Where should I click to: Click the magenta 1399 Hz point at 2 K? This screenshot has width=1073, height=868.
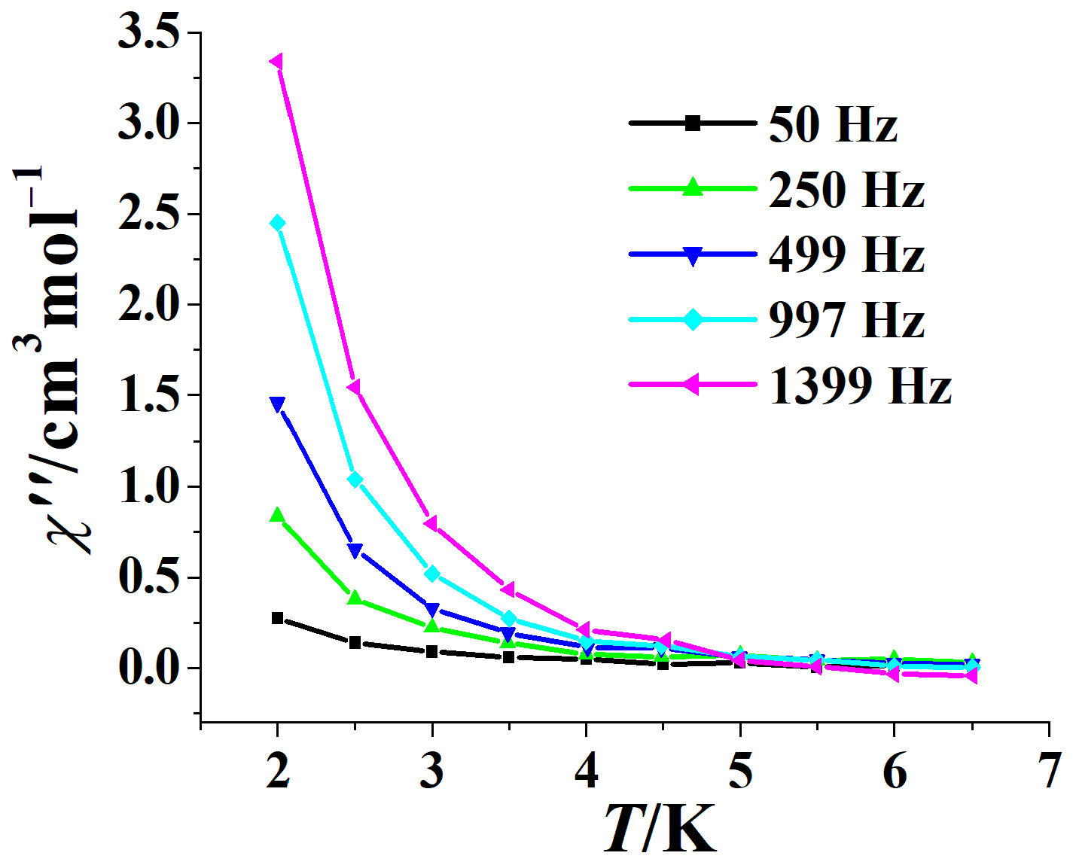(277, 62)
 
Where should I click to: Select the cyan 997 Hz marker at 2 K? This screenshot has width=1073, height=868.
(277, 223)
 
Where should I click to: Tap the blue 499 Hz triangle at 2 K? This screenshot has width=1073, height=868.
(277, 405)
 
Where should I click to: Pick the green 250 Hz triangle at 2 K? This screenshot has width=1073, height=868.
(277, 516)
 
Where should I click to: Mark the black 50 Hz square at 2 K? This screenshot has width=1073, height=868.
(277, 618)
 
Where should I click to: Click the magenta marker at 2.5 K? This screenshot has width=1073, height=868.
(354, 387)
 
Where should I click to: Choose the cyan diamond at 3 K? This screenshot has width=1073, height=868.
(431, 574)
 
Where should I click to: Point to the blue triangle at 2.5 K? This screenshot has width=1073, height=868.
(355, 550)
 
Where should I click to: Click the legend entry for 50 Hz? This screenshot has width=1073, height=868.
(833, 124)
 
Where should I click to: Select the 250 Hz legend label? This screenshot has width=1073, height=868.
(846, 190)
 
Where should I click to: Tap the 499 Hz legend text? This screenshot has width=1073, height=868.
(846, 254)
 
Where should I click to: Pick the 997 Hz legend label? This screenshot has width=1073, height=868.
(846, 320)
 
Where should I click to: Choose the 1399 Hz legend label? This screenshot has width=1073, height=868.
(860, 385)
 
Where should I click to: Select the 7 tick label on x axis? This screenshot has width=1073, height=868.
(1048, 772)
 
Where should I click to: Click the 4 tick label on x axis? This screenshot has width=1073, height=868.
(586, 772)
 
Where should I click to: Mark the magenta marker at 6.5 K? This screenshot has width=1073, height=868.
(971, 676)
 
